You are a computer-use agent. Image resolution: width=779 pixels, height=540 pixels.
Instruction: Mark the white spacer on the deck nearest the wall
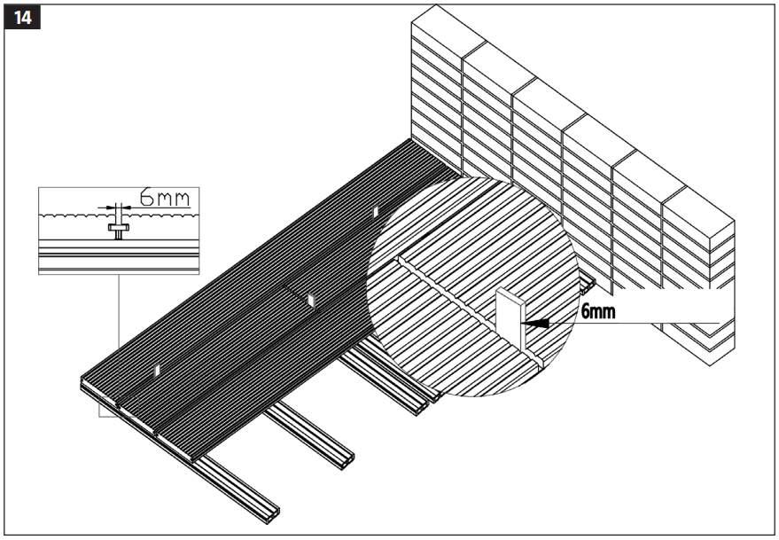point(376,210)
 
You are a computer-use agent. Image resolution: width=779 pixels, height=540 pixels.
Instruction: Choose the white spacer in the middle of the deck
point(310,301)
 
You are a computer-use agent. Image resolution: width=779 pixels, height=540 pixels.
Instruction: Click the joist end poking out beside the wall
point(590,286)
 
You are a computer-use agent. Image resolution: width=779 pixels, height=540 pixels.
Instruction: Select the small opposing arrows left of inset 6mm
point(115,209)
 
